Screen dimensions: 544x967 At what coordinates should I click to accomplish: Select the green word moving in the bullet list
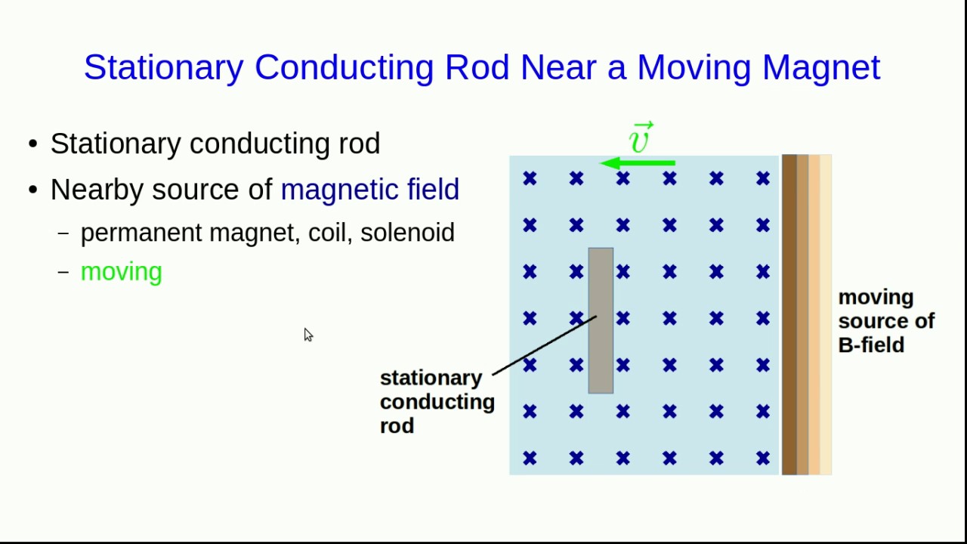coord(121,272)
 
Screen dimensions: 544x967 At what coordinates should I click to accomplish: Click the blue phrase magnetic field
coord(369,190)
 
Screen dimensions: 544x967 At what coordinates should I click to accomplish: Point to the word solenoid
coord(407,233)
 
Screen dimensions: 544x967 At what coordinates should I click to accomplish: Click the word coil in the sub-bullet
coord(330,233)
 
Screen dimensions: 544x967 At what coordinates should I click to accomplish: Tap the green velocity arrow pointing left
coord(638,163)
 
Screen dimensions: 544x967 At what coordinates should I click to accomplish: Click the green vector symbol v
coord(640,139)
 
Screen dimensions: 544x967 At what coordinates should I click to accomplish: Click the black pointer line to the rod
coord(544,345)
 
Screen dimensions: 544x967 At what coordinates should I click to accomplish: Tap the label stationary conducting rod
coord(437,401)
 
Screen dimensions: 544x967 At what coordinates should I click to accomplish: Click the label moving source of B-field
coord(885,321)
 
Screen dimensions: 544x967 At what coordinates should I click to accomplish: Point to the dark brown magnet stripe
coord(789,314)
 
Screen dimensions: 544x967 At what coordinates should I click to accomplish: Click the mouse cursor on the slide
coord(307,335)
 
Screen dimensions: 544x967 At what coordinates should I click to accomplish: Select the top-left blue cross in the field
coord(530,178)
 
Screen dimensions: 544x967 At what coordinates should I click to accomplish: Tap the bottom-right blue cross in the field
coord(762,458)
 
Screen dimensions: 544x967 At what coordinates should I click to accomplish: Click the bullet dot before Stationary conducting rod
coord(32,144)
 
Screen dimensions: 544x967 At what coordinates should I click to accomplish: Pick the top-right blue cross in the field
coord(762,178)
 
